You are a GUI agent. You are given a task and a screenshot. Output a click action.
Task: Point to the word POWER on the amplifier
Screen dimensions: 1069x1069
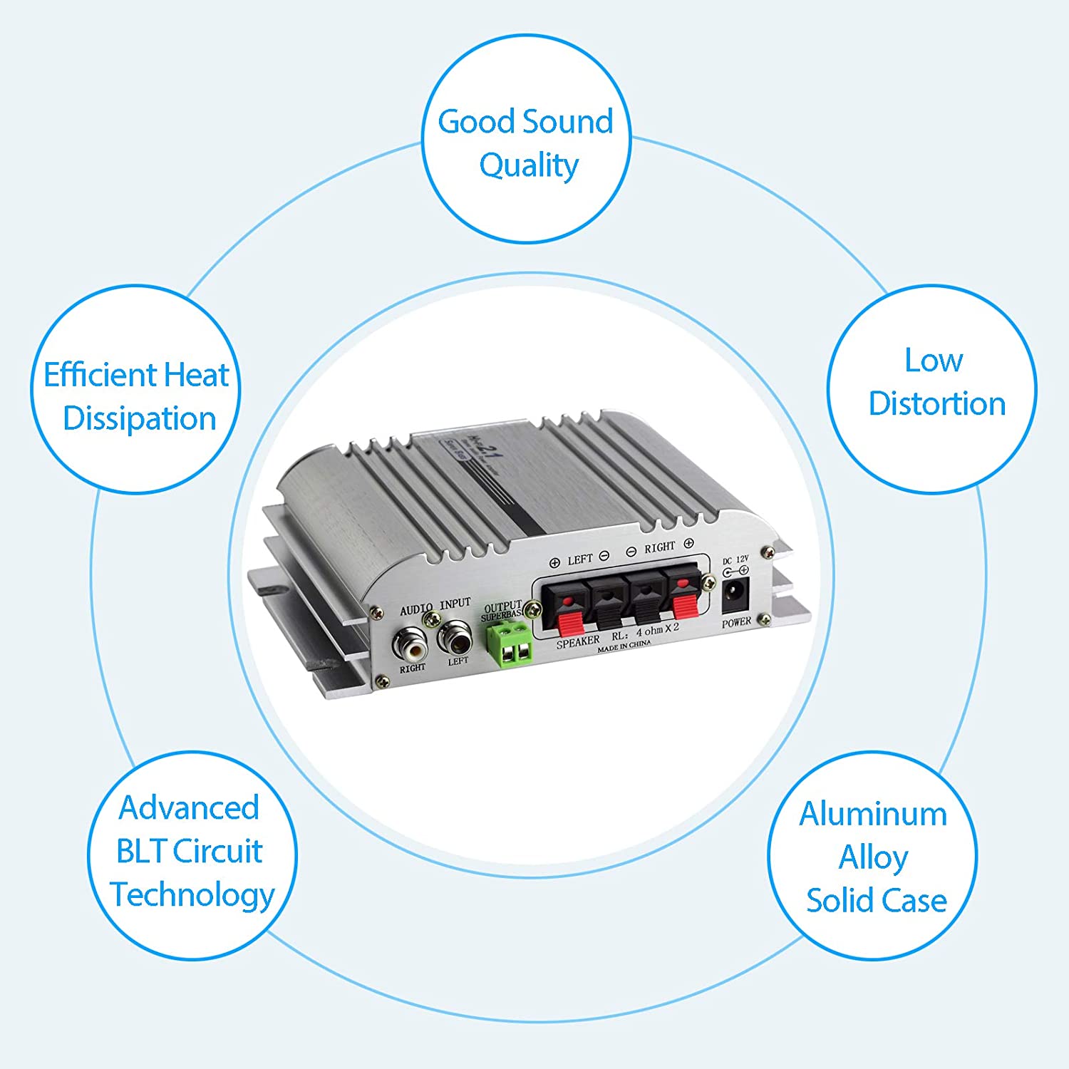tap(736, 622)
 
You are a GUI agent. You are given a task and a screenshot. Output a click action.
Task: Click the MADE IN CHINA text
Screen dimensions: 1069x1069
tap(624, 646)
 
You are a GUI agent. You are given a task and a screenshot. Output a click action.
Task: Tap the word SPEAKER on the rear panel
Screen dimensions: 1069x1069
tap(578, 641)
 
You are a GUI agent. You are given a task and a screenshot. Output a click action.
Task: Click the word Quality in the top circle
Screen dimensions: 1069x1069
tap(529, 165)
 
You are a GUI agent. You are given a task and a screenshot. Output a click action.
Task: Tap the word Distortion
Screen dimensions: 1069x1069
tap(936, 403)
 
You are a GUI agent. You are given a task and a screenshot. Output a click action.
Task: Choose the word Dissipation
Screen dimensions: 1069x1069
tap(140, 418)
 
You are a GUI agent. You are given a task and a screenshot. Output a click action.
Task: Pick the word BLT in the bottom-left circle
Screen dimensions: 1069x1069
tap(140, 851)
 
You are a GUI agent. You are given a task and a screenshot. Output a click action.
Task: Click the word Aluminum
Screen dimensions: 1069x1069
tap(873, 814)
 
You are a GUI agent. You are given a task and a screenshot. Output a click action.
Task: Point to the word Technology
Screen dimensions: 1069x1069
tap(192, 895)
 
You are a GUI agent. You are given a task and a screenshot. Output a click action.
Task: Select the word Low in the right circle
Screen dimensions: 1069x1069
tap(934, 360)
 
